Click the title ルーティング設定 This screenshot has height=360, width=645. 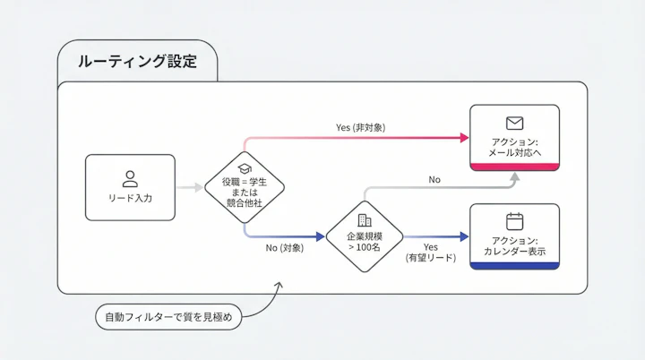(x=136, y=62)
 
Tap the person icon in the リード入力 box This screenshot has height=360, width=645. (x=130, y=178)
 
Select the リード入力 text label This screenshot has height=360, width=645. (x=130, y=198)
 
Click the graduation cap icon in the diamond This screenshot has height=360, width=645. (x=245, y=168)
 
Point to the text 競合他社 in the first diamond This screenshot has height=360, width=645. (x=245, y=204)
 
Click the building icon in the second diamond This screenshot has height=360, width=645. (x=364, y=219)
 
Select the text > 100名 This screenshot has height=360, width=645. (x=364, y=246)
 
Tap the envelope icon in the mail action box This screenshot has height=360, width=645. (x=514, y=124)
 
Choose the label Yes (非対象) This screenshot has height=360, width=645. (x=360, y=127)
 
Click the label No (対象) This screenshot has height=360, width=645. (x=284, y=247)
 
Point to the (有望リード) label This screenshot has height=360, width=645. (x=430, y=258)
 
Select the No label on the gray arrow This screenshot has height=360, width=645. (x=434, y=180)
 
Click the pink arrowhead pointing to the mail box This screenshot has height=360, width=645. (x=464, y=138)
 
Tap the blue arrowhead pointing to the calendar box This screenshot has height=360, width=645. (x=464, y=236)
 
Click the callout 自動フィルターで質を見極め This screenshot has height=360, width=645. (x=168, y=316)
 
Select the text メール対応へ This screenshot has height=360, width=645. (x=514, y=153)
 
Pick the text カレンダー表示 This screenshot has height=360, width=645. (x=514, y=252)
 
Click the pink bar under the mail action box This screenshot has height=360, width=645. (x=514, y=167)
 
